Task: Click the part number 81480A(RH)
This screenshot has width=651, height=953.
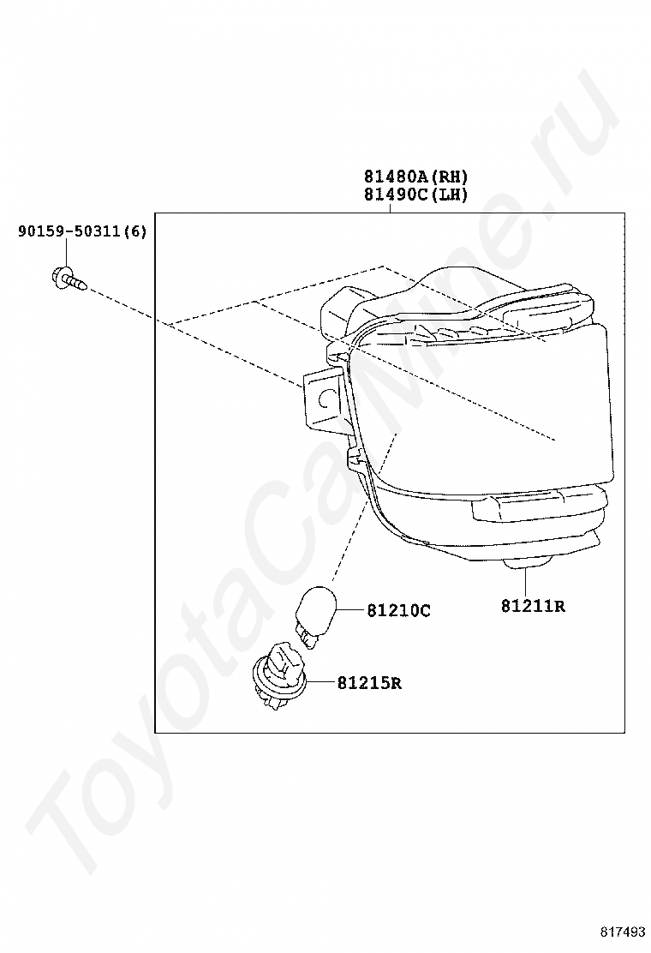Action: click(x=416, y=177)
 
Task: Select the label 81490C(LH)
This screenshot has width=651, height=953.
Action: click(x=416, y=195)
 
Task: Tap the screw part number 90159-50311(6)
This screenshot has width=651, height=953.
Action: click(x=82, y=231)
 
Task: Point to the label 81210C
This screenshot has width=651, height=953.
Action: click(x=398, y=611)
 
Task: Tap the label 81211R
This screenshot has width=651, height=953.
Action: click(x=533, y=607)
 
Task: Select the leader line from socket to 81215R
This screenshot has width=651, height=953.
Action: click(x=318, y=682)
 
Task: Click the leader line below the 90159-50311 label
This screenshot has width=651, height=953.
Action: click(x=66, y=253)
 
